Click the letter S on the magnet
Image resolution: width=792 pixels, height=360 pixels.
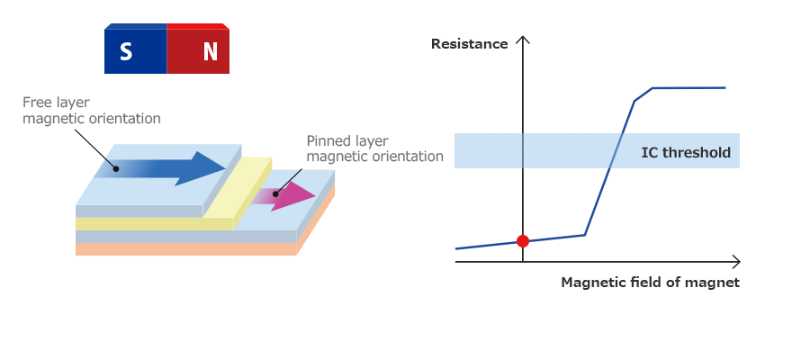coord(126,52)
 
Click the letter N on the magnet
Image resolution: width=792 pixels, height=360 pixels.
coord(210,52)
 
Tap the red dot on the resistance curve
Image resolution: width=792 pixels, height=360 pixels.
coord(522,240)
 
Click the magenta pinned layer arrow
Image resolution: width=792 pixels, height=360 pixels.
coord(288,196)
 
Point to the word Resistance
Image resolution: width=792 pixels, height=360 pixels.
coord(469,43)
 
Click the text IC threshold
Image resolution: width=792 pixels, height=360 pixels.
coord(685,152)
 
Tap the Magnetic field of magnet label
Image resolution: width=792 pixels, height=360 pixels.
coord(650,283)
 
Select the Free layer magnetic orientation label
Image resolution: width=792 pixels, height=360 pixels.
coord(91,111)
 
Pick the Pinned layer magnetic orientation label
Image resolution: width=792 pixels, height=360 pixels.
coord(374,148)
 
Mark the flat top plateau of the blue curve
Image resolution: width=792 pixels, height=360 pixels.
coord(688,87)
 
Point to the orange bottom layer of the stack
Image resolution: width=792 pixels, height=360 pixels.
coord(180,249)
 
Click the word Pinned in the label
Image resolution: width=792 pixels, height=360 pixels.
coord(328,141)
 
